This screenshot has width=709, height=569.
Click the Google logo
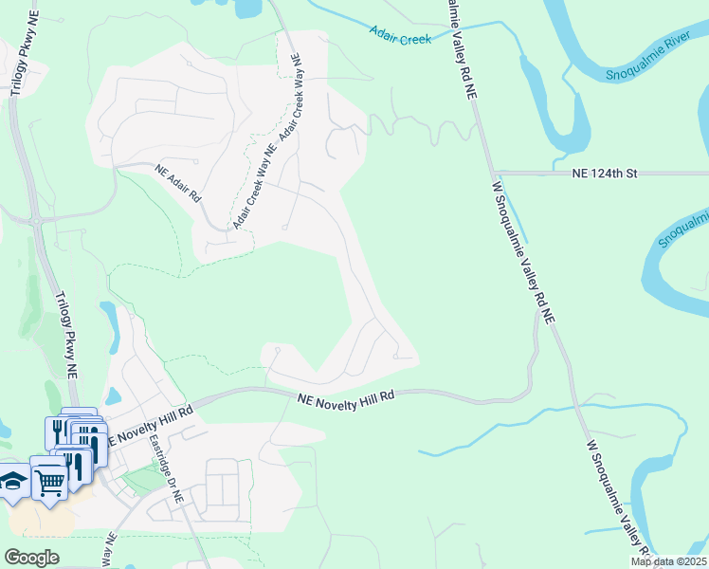tap(31, 558)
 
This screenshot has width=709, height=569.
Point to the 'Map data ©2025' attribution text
tap(667, 561)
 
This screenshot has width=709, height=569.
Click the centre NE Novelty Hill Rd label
tap(345, 401)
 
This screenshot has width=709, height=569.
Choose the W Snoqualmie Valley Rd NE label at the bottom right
tap(617, 493)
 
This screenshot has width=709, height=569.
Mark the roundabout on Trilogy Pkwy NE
tap(36, 221)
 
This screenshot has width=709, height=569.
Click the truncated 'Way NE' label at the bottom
tap(109, 550)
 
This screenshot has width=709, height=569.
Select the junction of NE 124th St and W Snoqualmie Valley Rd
tap(494, 174)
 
